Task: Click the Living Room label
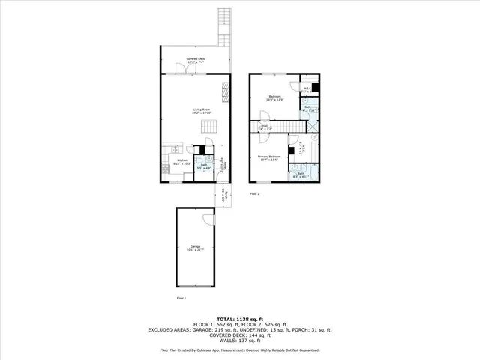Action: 202,112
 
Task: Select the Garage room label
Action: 195,247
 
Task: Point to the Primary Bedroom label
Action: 268,157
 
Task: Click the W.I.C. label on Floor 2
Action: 307,89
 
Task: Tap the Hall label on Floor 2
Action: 264,128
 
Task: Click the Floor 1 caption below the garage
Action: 181,298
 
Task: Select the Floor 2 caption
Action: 254,193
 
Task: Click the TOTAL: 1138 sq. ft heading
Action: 240,319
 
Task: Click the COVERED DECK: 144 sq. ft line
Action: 240,335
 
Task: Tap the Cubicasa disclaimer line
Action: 240,350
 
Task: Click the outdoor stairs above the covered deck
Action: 222,27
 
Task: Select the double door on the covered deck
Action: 182,68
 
